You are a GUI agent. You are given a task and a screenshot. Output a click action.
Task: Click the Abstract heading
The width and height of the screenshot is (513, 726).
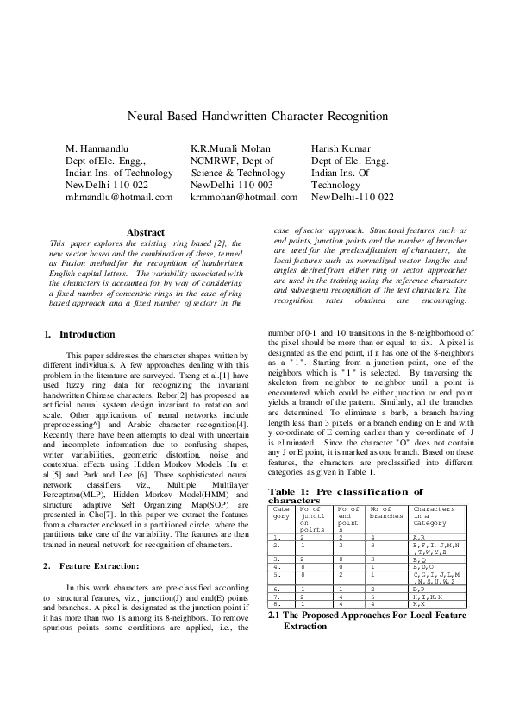[x=146, y=232]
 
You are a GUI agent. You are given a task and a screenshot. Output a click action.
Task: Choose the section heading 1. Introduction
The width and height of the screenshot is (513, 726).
[x=79, y=334]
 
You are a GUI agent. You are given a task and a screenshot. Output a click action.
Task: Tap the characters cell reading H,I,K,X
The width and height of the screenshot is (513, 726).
[x=426, y=596]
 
